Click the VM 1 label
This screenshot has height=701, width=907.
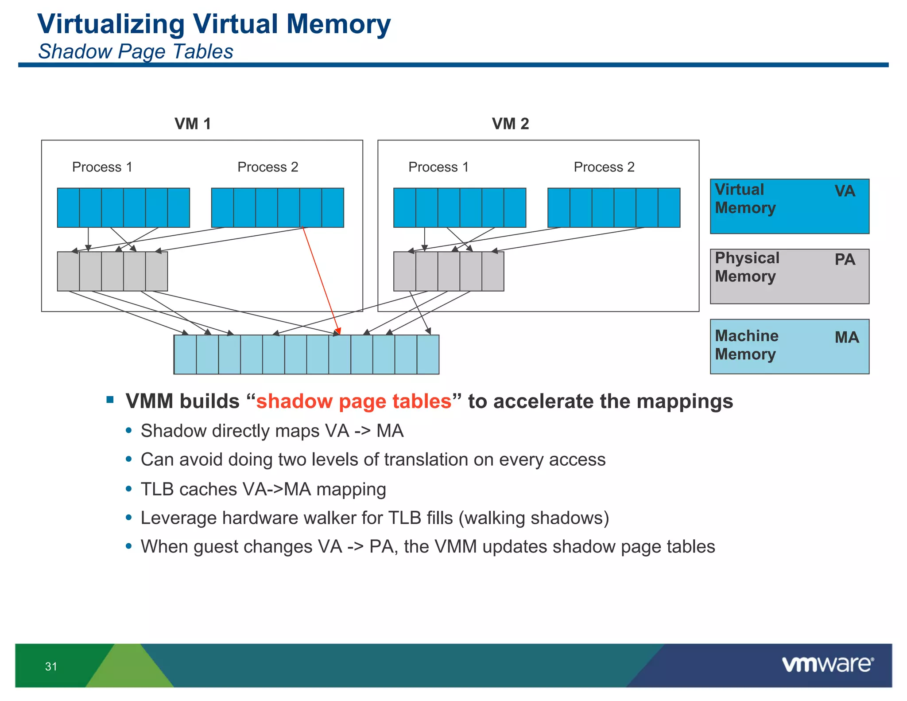(193, 124)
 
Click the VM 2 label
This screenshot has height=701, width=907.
(510, 124)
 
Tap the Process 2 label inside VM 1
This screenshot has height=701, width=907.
(267, 167)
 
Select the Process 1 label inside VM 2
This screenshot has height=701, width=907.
(438, 167)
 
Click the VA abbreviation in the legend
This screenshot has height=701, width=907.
(845, 191)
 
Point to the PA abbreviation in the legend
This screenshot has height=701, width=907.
(845, 259)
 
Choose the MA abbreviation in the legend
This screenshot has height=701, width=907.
(846, 337)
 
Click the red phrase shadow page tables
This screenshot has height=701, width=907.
(353, 401)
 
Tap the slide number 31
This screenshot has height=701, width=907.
(51, 666)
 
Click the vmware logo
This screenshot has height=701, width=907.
(827, 665)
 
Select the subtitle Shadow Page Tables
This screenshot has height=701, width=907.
(136, 51)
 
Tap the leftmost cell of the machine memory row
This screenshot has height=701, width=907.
(185, 354)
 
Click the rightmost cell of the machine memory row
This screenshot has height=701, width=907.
(428, 354)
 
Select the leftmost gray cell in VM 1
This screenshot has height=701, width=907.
(68, 271)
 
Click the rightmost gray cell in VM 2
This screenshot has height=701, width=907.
(492, 271)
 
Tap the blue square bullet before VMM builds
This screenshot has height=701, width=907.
(110, 400)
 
